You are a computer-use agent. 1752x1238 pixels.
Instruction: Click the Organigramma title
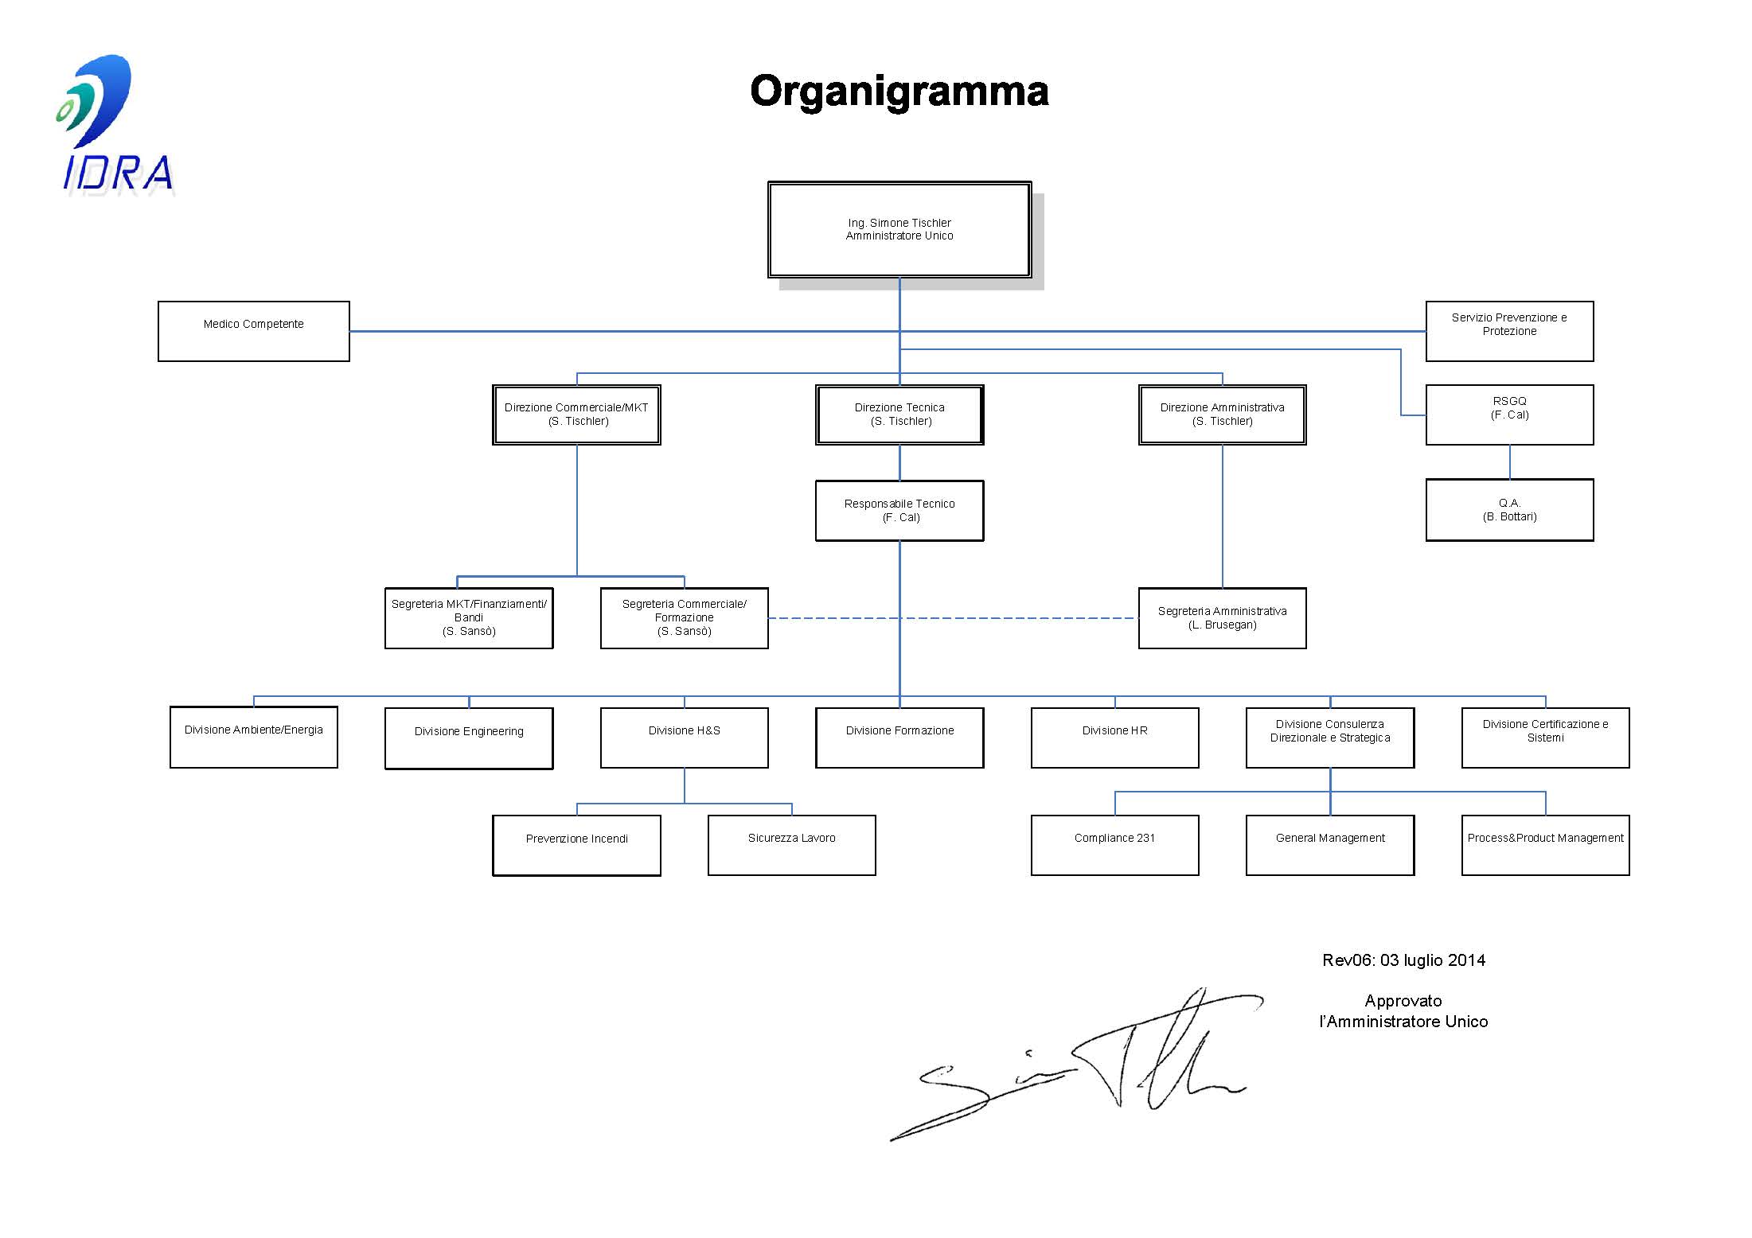[899, 91]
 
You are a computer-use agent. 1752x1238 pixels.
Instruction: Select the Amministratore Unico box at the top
[899, 230]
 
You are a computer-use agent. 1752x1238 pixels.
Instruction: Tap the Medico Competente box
[253, 331]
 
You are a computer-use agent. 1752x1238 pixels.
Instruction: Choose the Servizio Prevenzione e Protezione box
[1509, 331]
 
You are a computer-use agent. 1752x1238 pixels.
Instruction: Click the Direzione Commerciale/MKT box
[576, 415]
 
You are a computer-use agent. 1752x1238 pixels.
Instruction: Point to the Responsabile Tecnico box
[899, 511]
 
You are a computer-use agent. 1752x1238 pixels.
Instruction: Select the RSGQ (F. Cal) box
[1509, 415]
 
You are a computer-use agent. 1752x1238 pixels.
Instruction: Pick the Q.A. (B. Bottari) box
[1509, 510]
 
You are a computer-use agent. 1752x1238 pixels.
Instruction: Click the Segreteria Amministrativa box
[1222, 618]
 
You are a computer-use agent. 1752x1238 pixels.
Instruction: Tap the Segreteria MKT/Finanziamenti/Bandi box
[469, 618]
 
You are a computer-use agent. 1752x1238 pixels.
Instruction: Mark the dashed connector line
[1019, 618]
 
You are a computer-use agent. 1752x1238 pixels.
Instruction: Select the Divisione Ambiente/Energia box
[253, 737]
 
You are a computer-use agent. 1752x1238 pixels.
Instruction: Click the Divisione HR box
[1114, 738]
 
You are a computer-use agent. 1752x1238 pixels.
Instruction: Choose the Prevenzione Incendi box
[576, 845]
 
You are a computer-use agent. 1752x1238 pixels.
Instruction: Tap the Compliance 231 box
[1114, 845]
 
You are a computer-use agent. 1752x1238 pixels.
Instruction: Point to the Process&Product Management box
[1545, 845]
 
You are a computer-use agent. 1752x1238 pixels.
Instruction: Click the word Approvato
[1403, 1001]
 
